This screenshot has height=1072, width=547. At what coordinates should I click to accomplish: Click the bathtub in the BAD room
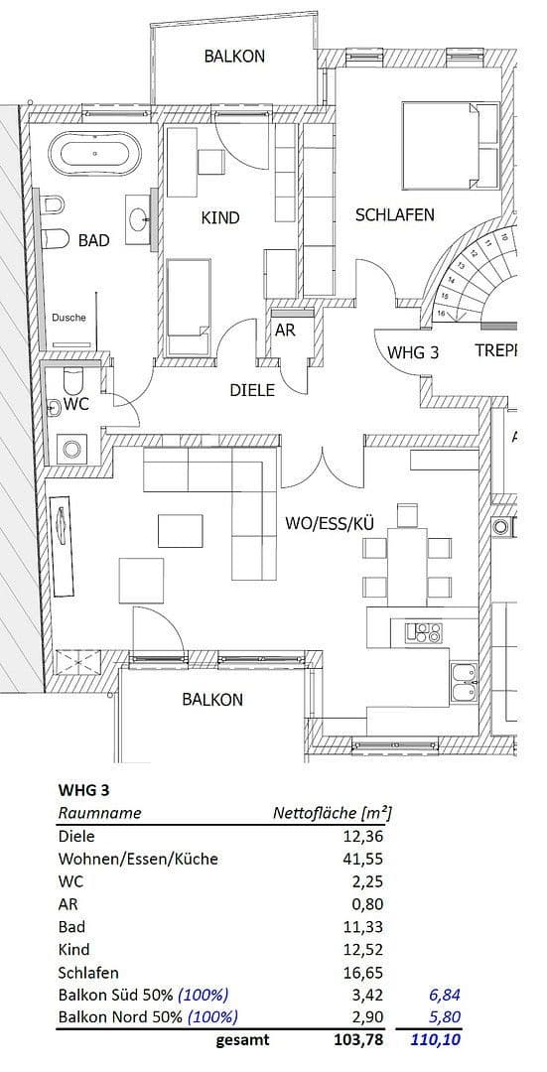[95, 154]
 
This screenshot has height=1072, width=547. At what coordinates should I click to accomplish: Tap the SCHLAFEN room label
[394, 214]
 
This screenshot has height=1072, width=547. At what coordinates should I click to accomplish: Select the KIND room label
[219, 217]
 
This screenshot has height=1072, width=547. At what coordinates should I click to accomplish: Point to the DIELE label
[251, 390]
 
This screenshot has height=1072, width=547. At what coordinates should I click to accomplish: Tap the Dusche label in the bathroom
[68, 318]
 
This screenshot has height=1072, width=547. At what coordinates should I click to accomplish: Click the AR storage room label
[285, 331]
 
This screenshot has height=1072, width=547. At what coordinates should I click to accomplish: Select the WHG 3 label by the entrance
[412, 351]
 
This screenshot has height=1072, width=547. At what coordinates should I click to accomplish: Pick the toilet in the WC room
[70, 382]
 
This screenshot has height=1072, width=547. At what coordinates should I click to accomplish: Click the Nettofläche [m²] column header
[332, 813]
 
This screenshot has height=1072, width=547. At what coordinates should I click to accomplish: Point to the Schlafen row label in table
[88, 973]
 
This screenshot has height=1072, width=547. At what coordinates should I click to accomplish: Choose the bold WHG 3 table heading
[83, 791]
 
